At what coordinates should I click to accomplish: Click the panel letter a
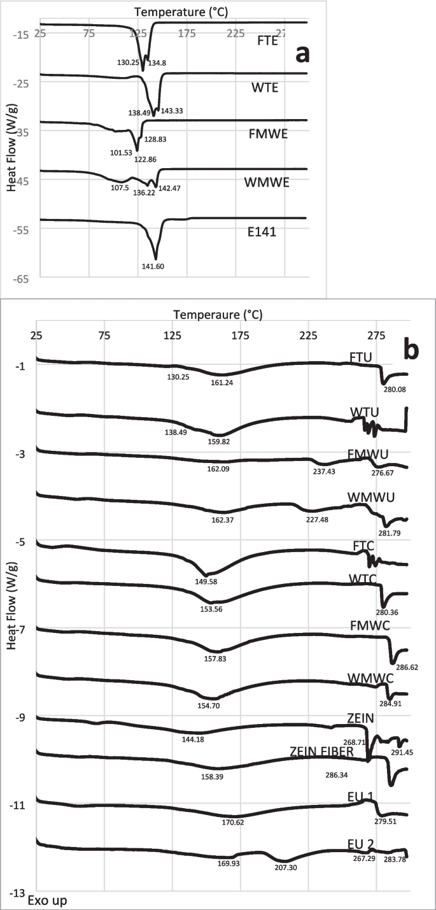pyautogui.click(x=300, y=55)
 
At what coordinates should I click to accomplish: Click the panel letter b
pyautogui.click(x=411, y=350)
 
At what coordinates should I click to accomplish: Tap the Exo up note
pyautogui.click(x=46, y=901)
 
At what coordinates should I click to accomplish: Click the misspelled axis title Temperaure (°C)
pyautogui.click(x=217, y=315)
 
